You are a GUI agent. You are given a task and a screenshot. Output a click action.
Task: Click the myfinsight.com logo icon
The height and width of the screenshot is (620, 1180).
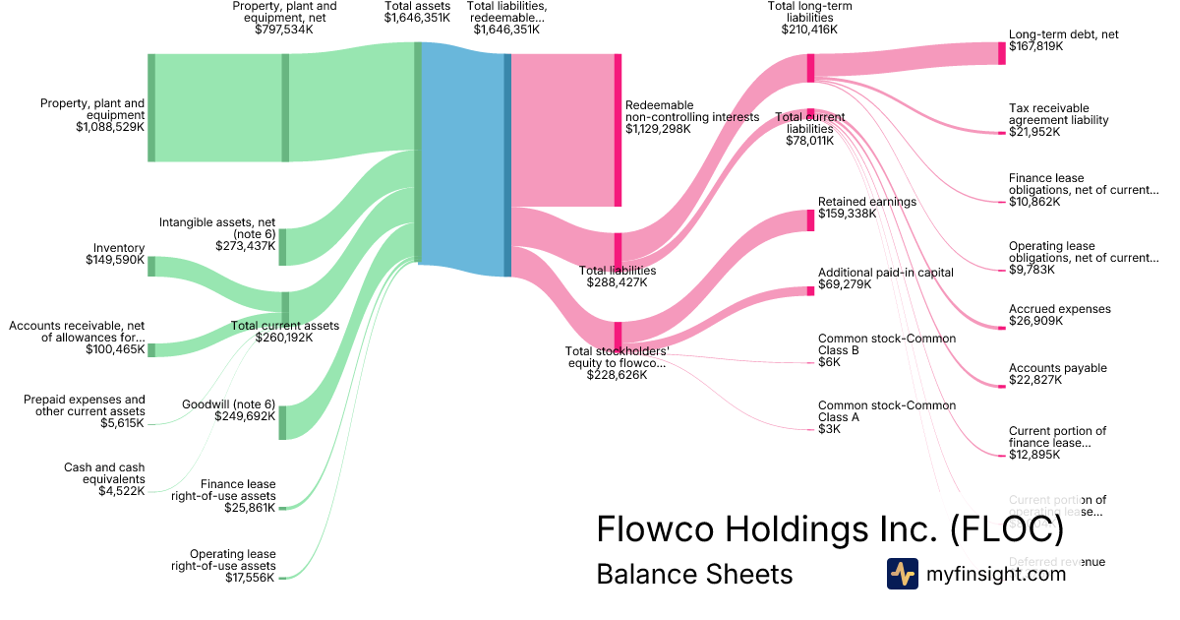(902, 574)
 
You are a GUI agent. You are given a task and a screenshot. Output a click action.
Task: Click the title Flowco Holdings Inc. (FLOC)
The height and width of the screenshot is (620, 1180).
(830, 529)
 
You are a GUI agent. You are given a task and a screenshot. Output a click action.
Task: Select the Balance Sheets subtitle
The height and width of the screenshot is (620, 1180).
(694, 574)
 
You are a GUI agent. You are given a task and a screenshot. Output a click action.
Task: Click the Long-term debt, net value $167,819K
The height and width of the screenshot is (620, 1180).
(1035, 46)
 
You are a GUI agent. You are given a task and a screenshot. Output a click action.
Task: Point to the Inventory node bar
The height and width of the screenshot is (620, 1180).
(151, 266)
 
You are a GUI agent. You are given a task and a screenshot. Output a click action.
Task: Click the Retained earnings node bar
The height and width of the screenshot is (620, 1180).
(811, 219)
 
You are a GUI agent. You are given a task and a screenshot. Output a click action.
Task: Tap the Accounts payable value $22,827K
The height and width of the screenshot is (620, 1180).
(1035, 380)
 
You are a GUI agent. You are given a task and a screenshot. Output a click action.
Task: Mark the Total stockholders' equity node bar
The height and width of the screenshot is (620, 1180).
(619, 336)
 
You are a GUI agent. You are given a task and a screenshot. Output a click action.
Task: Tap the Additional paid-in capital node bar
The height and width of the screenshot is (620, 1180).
(811, 291)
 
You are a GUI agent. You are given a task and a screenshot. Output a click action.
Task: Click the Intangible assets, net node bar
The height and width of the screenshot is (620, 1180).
(283, 247)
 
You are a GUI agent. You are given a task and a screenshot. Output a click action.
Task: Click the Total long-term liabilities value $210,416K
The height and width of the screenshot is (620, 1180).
(809, 30)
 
